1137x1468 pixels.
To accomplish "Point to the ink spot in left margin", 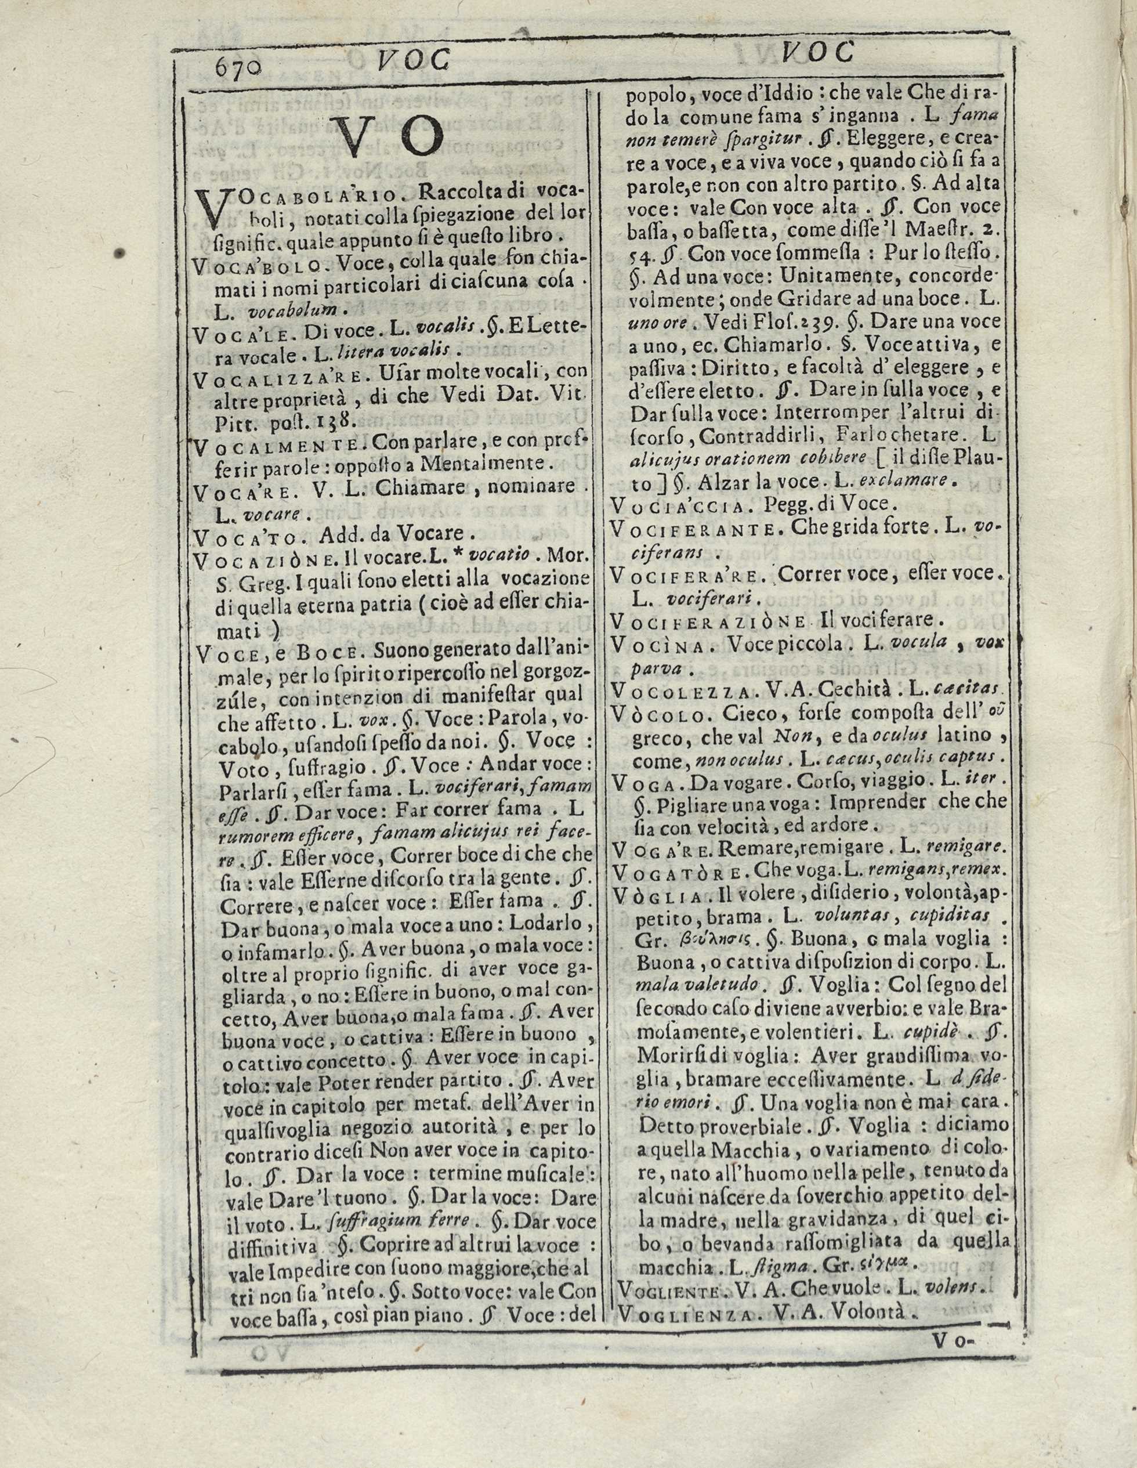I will coord(122,254).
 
